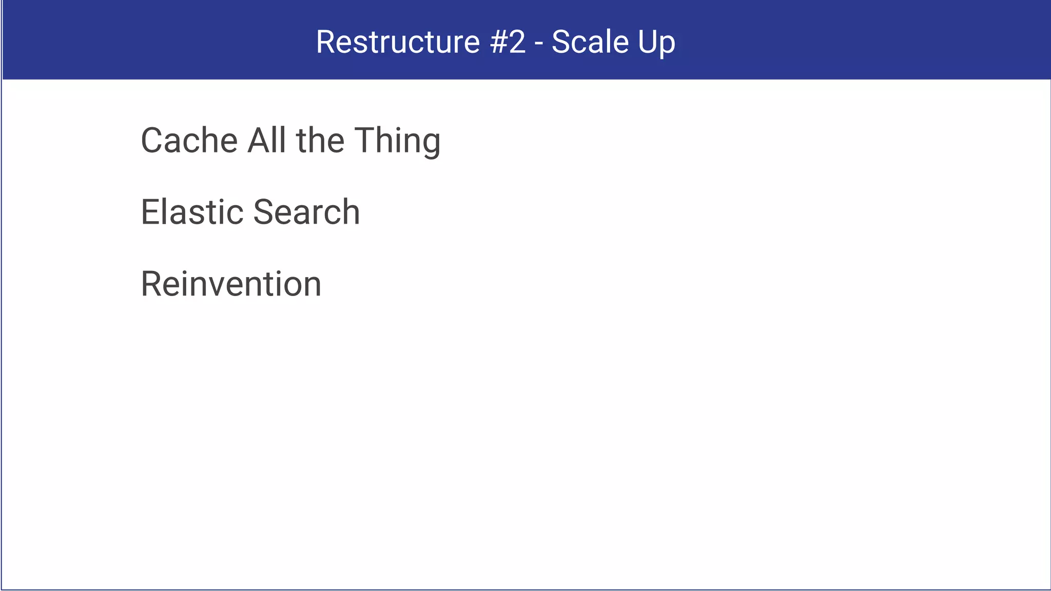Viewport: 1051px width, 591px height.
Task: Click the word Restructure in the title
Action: click(398, 42)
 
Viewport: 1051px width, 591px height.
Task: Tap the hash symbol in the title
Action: click(499, 42)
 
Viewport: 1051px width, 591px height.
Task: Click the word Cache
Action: click(189, 141)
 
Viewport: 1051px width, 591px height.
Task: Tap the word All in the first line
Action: click(266, 141)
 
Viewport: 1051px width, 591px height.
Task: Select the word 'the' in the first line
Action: click(320, 141)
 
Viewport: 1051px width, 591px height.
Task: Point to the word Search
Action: click(306, 212)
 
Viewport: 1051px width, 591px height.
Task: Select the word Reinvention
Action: click(231, 284)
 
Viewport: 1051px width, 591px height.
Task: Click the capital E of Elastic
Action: click(149, 212)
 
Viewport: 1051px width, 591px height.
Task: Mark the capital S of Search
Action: click(265, 212)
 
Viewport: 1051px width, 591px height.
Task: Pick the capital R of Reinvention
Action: click(151, 284)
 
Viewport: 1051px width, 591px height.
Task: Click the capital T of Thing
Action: click(365, 141)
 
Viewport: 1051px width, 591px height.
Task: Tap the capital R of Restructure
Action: click(326, 42)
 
